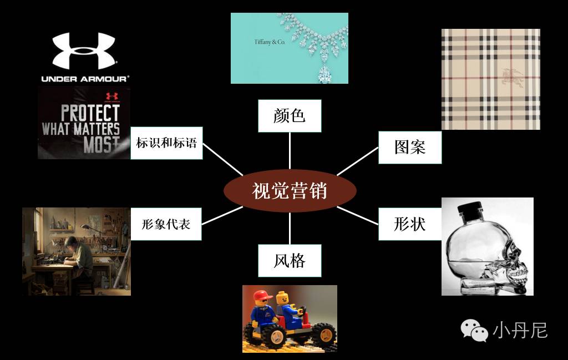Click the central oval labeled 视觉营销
[x=289, y=191]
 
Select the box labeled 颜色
[x=290, y=116]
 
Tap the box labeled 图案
[x=410, y=147]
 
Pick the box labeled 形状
[x=410, y=224]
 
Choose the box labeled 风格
[x=290, y=260]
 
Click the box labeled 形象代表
[x=166, y=224]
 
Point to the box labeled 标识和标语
[x=166, y=143]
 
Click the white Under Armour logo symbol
[x=84, y=51]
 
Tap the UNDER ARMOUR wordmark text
[x=84, y=79]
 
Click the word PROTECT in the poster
[x=90, y=113]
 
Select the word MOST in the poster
[x=101, y=145]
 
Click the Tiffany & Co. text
[x=269, y=42]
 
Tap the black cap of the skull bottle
[x=474, y=212]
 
